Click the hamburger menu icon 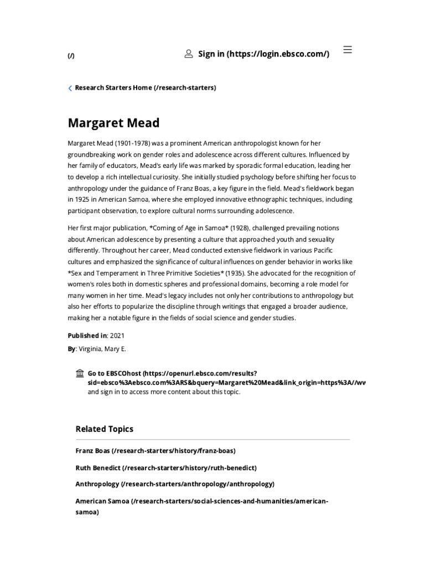(348, 50)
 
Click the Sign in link (263, 54)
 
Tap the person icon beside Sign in (189, 54)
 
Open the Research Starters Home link (146, 87)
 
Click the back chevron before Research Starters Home (70, 88)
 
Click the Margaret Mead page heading (113, 122)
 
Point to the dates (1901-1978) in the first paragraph (131, 143)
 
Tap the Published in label (87, 336)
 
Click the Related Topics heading (104, 429)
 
